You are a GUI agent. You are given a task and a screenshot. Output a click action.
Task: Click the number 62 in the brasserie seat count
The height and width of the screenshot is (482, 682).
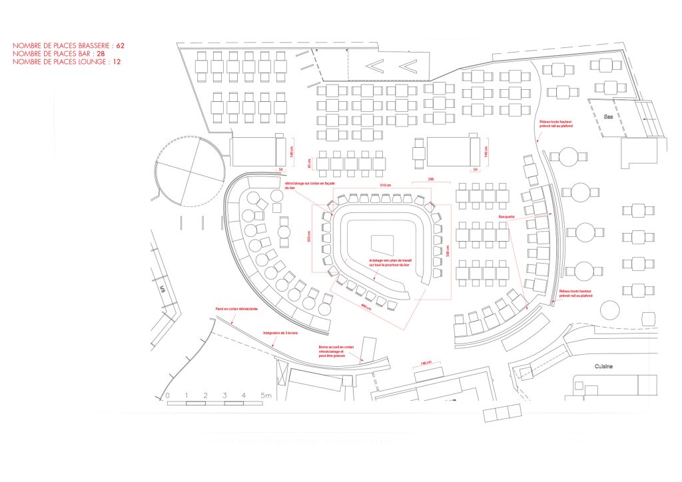[121, 46]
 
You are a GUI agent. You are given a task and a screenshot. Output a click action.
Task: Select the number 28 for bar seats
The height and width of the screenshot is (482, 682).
[101, 54]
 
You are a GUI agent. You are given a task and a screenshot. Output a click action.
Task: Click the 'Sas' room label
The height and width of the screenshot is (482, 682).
[607, 116]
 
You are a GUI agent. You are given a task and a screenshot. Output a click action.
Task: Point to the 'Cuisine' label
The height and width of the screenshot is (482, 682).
[604, 367]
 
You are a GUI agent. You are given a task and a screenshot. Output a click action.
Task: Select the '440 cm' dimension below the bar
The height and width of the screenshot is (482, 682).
[365, 306]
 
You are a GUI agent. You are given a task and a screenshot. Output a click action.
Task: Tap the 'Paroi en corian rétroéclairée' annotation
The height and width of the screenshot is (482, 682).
[236, 310]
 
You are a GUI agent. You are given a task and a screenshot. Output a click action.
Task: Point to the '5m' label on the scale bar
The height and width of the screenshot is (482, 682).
[266, 395]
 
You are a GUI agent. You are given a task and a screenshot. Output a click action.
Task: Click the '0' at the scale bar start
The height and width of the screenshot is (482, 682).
[167, 395]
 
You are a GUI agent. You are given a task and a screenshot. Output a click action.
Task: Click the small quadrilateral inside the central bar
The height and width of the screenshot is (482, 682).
[382, 242]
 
